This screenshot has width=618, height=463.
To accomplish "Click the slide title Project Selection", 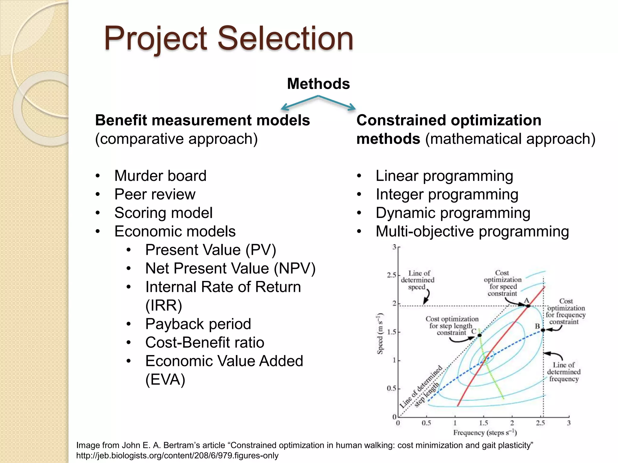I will click(228, 39).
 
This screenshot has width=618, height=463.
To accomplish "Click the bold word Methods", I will click(318, 83).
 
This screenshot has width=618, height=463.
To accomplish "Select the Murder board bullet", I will click(160, 176).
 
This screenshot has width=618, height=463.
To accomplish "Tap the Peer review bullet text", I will click(155, 194).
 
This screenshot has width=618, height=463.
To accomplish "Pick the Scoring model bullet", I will click(163, 213).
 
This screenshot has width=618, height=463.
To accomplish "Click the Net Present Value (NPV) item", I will click(230, 268).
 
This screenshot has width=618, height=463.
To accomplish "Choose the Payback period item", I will click(198, 324).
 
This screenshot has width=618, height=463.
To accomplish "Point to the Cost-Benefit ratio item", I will click(205, 342).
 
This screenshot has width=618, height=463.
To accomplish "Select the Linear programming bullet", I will click(444, 176).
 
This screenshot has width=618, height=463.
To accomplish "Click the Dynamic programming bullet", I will click(453, 213).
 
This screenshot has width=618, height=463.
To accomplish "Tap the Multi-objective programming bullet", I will click(472, 231).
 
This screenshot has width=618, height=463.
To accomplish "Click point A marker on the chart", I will click(528, 306).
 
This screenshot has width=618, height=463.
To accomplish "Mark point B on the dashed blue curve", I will click(543, 330).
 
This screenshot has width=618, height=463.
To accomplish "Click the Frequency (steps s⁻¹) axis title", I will click(485, 433).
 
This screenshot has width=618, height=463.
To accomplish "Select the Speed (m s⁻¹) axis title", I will click(380, 334).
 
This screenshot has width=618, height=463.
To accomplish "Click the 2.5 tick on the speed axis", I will click(391, 275).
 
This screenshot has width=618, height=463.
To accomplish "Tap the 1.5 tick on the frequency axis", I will click(483, 423).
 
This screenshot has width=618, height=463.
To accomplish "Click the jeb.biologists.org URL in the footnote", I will click(177, 455).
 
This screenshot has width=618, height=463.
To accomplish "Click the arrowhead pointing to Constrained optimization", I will click(352, 107).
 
